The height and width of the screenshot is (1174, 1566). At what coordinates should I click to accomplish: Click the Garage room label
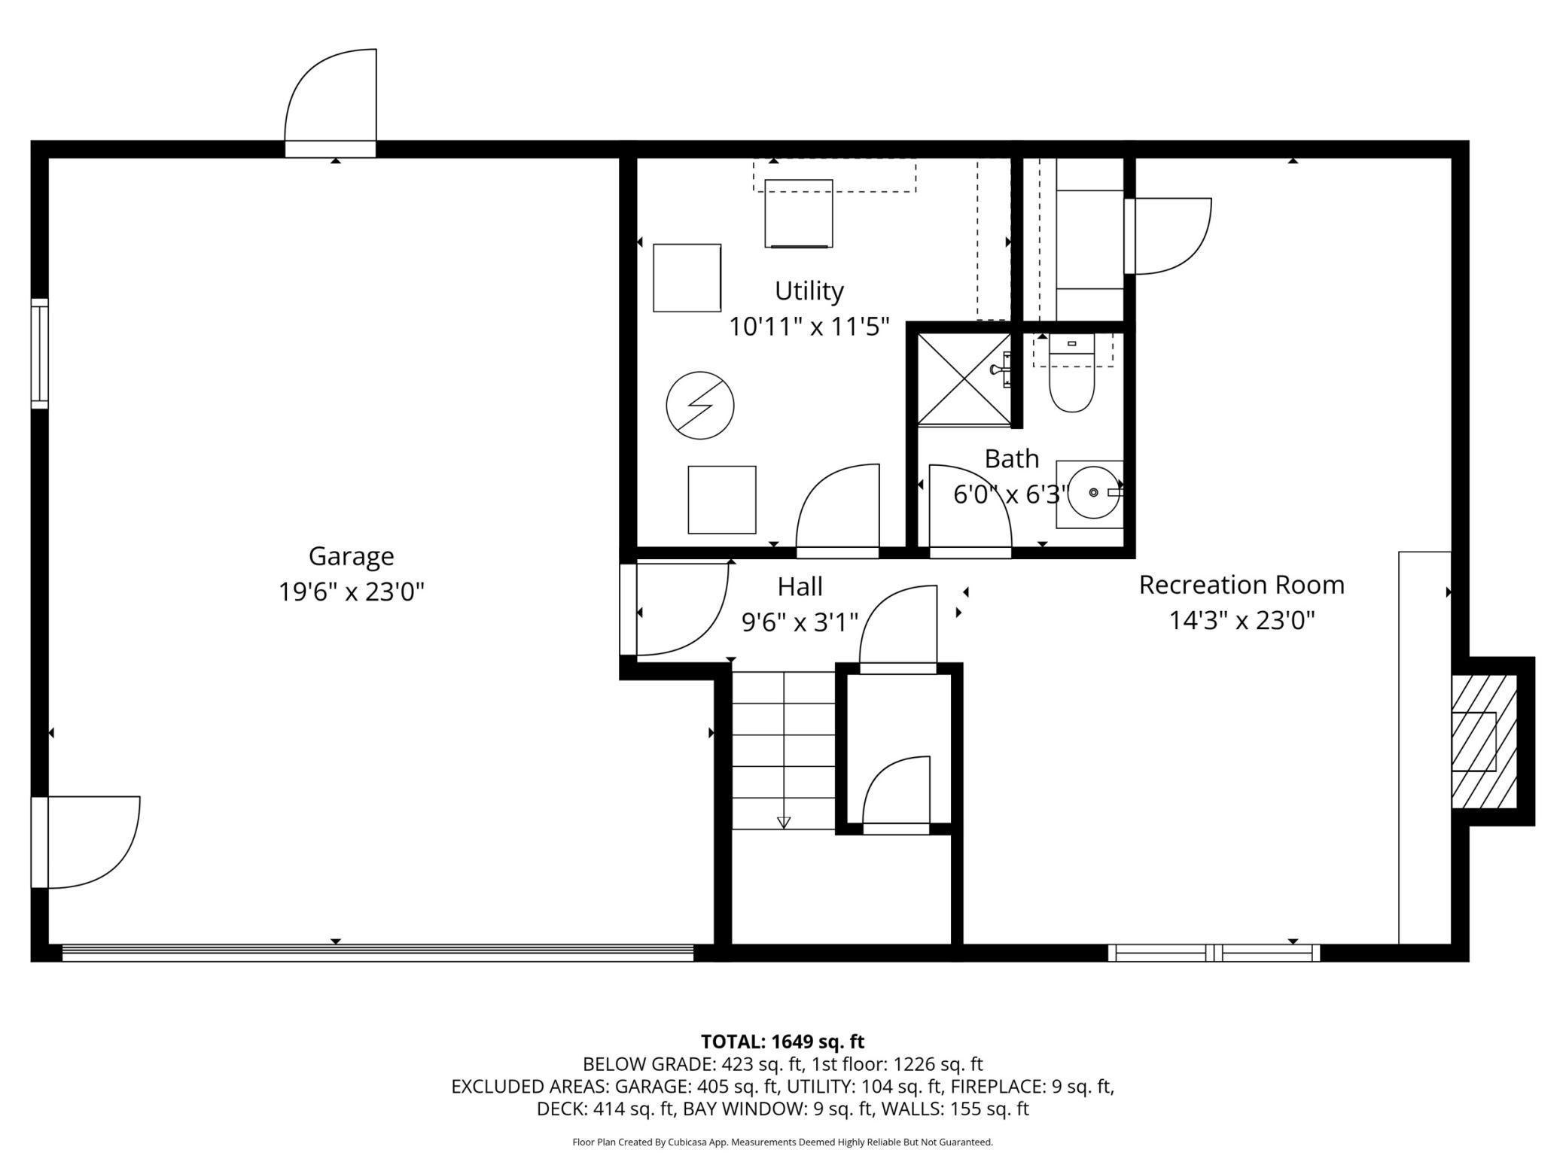point(351,557)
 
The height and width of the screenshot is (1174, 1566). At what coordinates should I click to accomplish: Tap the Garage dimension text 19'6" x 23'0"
point(352,592)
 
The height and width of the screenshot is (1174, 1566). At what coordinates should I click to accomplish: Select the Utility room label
point(809,291)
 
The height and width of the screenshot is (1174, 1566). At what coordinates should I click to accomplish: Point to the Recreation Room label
point(1242,585)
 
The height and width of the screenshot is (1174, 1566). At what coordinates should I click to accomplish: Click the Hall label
point(800,586)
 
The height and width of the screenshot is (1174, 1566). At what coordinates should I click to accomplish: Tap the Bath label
point(1012,458)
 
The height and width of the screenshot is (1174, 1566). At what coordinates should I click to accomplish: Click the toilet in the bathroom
point(1071,374)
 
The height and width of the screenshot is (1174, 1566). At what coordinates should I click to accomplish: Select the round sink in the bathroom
point(1094,493)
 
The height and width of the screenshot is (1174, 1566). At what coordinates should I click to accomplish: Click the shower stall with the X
point(964,379)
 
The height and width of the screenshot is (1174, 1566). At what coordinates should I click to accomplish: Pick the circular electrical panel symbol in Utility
point(700,406)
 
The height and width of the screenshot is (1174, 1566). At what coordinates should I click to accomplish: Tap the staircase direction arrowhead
point(784,823)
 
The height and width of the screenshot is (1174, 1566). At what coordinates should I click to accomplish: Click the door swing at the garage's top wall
point(331,96)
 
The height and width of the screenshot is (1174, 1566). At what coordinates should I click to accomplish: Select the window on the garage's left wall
point(39,354)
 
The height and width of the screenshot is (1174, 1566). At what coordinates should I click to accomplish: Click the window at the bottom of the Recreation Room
point(1214,953)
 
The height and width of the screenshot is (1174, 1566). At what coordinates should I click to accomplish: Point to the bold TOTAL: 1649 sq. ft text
point(782,1042)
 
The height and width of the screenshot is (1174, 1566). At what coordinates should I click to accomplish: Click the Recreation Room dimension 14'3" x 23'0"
point(1242,621)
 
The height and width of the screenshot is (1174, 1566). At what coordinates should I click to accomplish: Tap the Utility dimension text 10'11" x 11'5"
point(809,327)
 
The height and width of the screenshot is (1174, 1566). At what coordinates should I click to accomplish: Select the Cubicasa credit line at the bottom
point(782,1142)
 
